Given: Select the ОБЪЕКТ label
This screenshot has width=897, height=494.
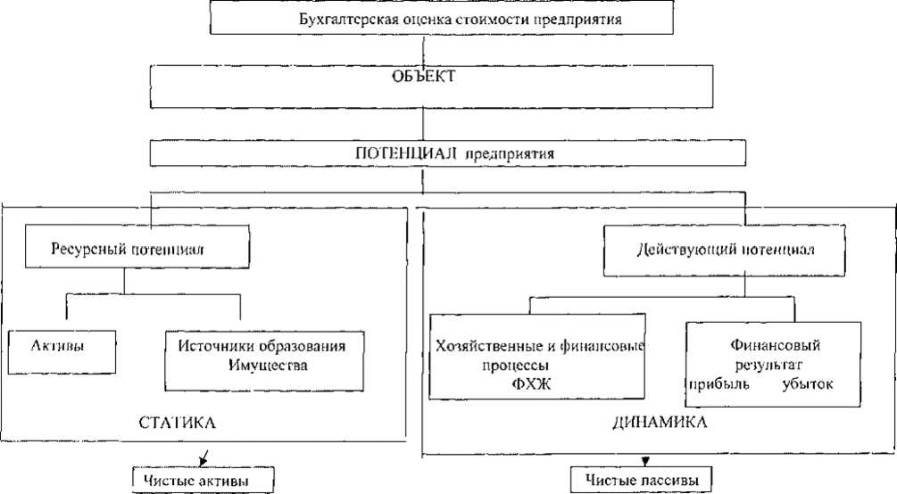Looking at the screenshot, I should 424,77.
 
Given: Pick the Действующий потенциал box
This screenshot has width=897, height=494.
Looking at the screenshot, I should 724,248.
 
